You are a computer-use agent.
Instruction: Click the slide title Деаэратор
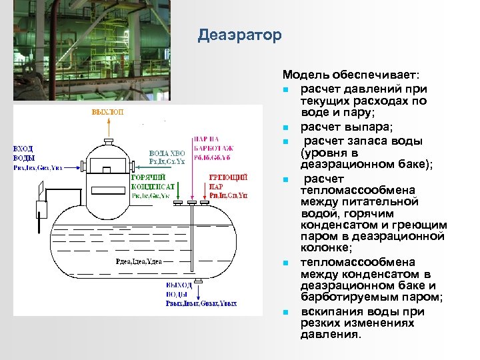coord(240,35)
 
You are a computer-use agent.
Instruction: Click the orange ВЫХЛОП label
coord(107,113)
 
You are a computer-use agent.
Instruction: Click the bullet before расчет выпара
coord(285,127)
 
